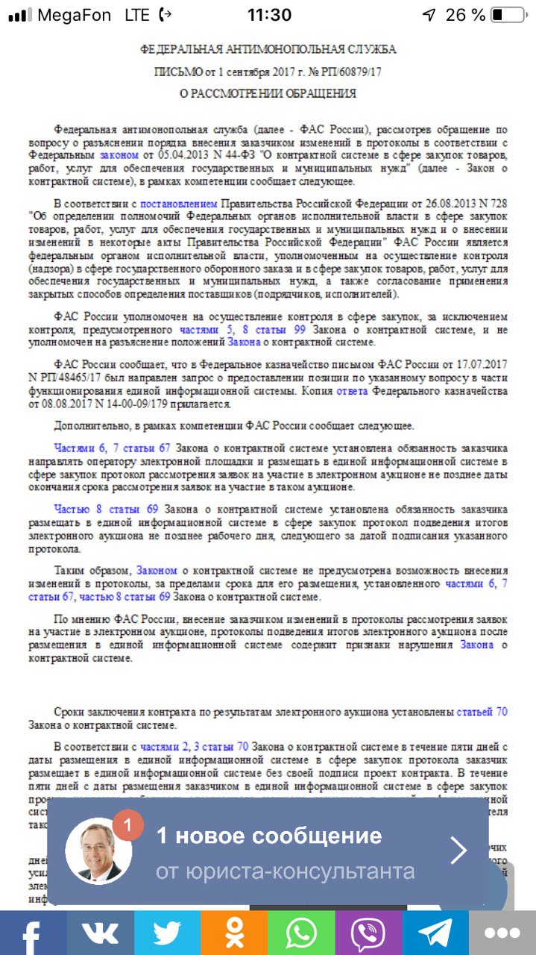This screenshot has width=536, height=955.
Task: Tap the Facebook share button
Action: click(32, 933)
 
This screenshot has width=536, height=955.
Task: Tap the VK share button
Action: click(100, 933)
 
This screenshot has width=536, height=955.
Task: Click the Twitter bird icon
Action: click(167, 933)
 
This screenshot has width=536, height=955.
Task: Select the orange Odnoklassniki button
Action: click(234, 933)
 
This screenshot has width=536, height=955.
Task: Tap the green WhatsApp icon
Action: click(301, 933)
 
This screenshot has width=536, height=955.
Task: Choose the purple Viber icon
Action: click(368, 933)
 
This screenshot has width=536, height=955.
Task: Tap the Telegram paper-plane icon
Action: click(435, 933)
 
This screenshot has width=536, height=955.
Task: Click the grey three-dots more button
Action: click(502, 933)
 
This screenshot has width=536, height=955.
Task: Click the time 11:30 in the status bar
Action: click(269, 15)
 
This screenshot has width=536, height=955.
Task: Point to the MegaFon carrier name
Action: click(74, 15)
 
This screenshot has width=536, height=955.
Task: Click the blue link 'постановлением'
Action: click(179, 203)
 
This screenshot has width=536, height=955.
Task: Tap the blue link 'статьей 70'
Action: click(482, 712)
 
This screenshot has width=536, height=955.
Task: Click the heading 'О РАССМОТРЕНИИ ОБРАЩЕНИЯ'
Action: click(268, 94)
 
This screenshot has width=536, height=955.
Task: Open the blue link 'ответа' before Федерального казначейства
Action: click(352, 390)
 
